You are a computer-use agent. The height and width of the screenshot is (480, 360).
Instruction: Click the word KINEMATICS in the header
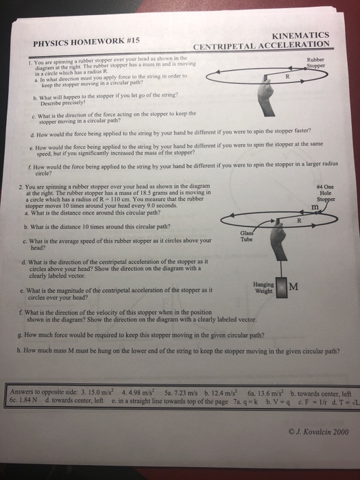click(x=301, y=35)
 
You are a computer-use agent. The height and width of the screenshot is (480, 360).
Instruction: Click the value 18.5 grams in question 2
click(x=122, y=194)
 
